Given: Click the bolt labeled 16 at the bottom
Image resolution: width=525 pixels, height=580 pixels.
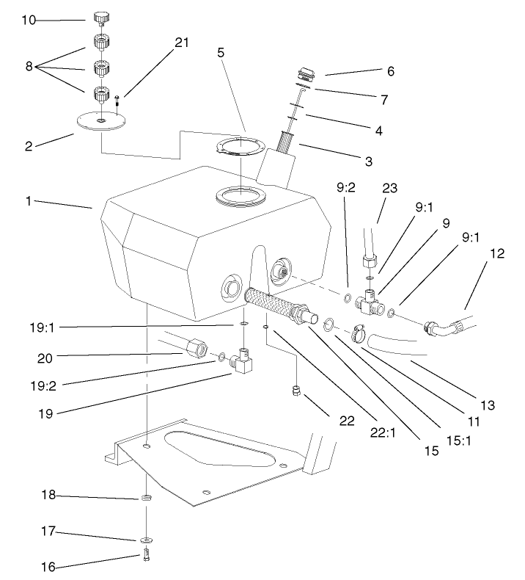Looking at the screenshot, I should (x=146, y=554).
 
